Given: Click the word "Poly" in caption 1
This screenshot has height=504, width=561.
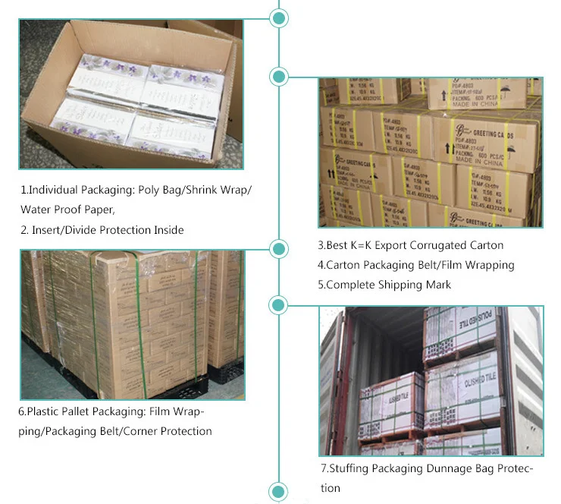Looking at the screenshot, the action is tap(153, 190).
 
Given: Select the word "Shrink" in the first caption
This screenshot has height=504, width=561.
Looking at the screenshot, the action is tap(201, 190).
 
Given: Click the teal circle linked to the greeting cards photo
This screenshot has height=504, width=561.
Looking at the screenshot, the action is tap(279, 76).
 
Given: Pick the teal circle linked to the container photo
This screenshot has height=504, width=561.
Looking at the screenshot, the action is tap(279, 305).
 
